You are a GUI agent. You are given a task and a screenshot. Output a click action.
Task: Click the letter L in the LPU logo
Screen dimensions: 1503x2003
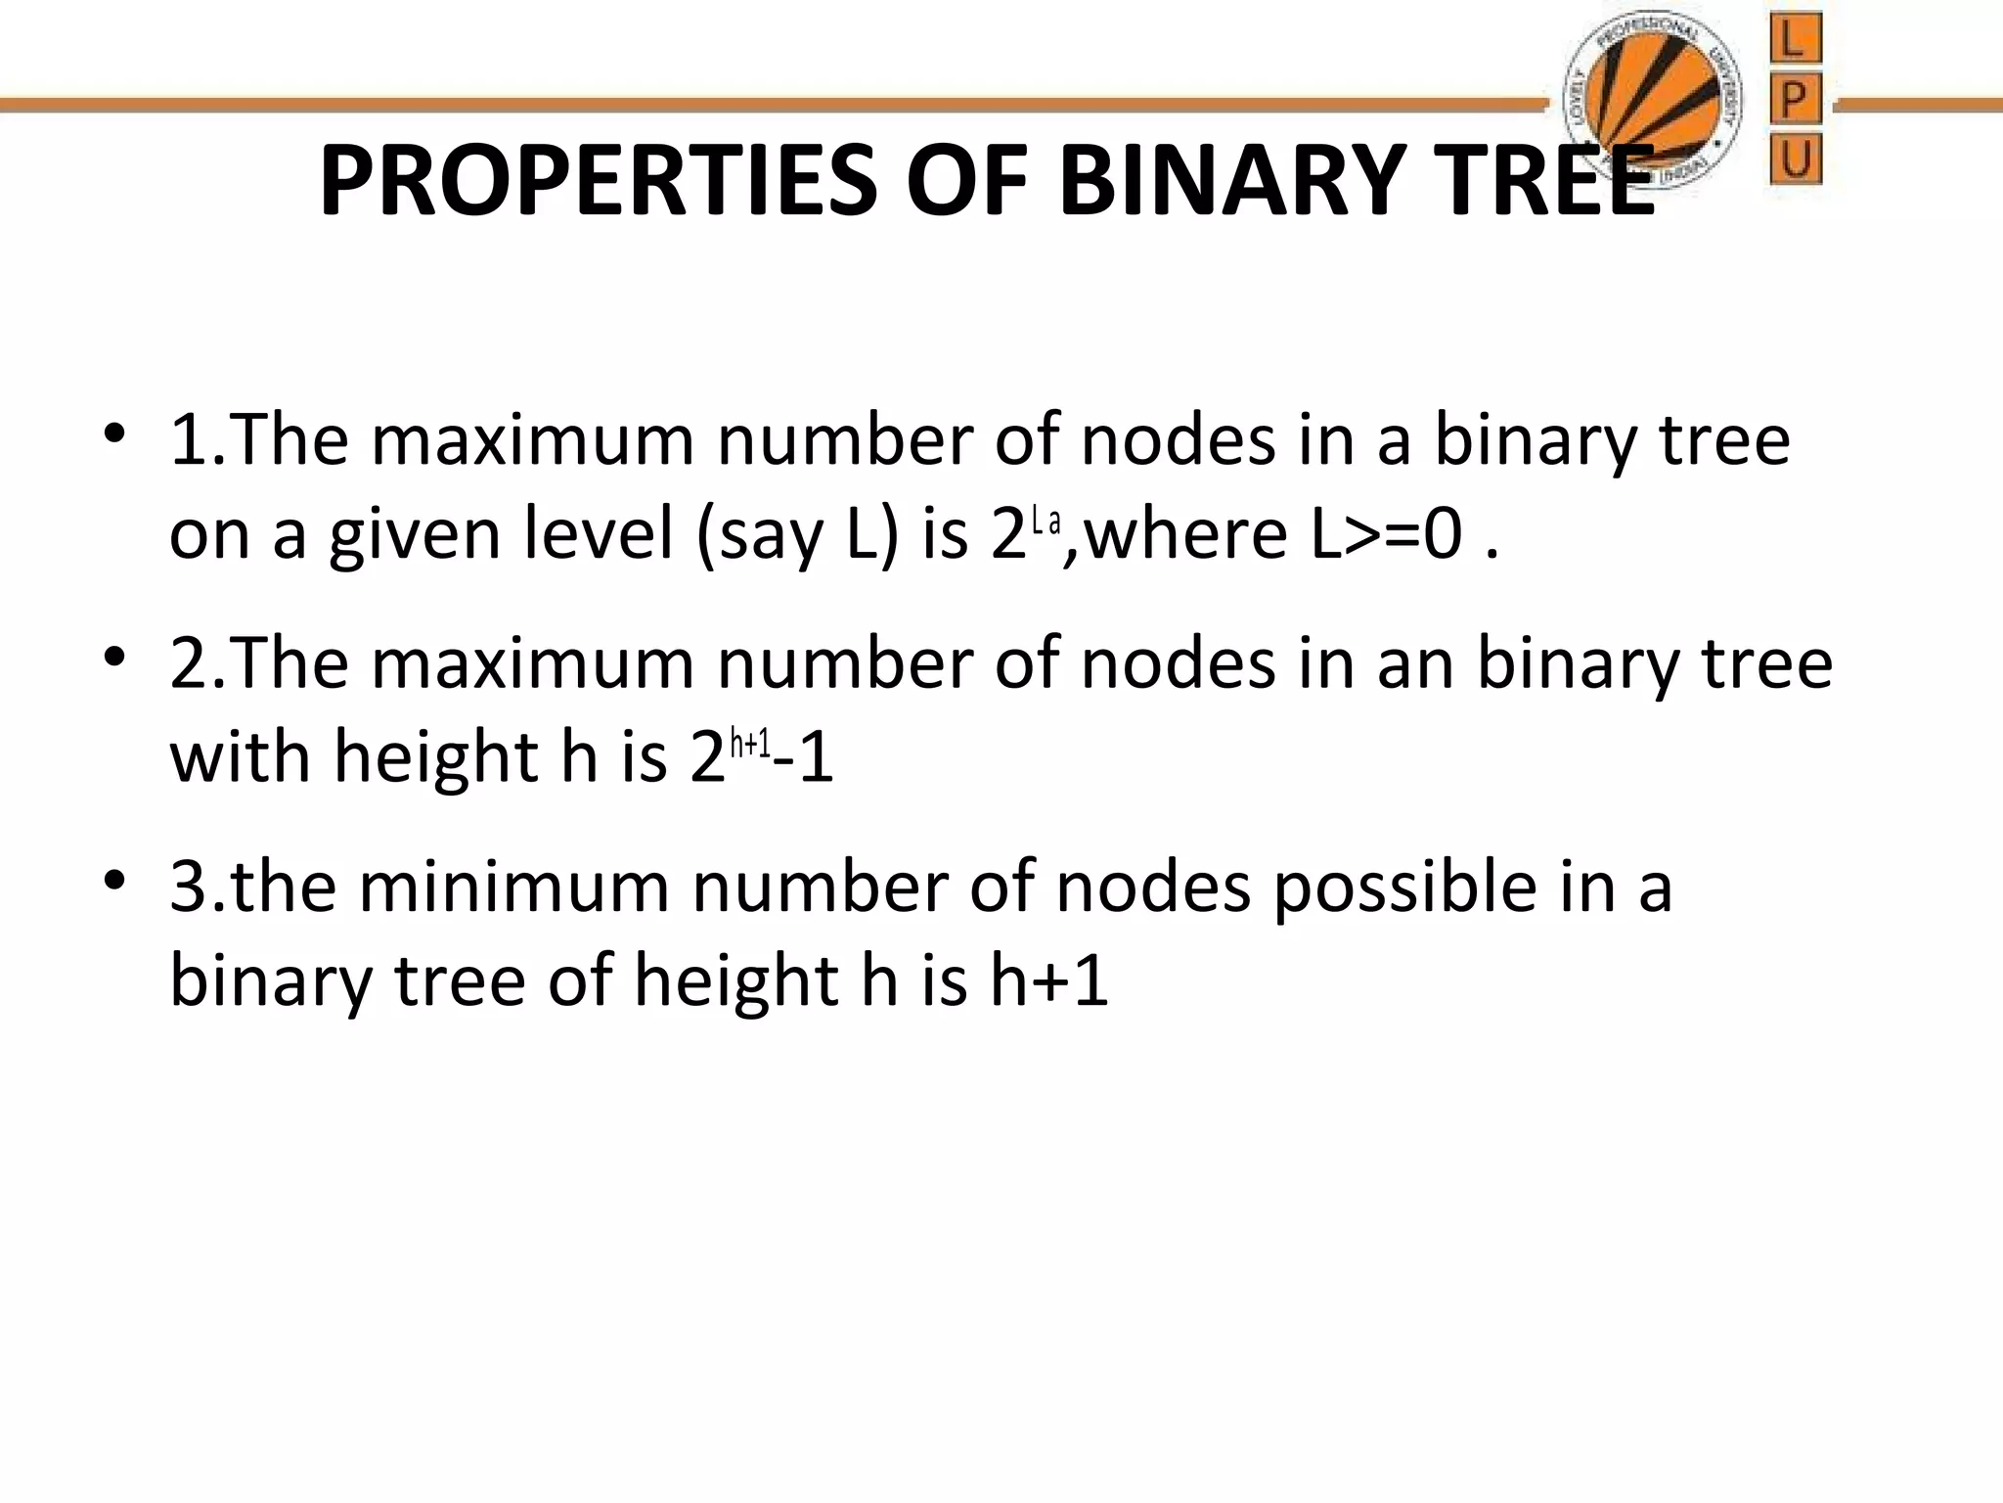click(x=1796, y=41)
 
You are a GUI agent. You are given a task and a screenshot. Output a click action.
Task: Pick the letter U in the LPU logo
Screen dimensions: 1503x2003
click(x=1796, y=159)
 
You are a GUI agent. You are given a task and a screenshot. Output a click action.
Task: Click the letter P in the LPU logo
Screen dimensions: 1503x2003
click(x=1796, y=101)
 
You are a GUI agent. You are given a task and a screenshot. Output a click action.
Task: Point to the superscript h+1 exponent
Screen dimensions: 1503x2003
click(x=751, y=745)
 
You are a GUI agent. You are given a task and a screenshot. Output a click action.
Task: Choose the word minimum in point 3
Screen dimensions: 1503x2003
click(x=514, y=888)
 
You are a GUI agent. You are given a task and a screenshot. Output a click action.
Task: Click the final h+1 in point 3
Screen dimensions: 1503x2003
click(x=1048, y=980)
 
